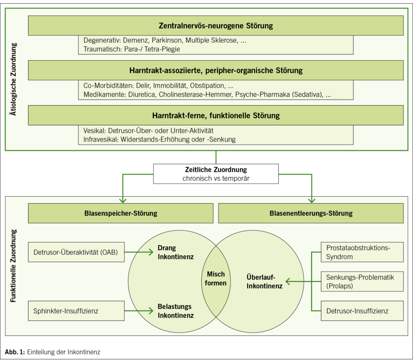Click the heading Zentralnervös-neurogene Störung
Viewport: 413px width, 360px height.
(x=216, y=26)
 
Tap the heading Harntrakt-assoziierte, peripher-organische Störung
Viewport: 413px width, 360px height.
(x=216, y=71)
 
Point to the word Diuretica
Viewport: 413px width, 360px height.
(x=144, y=95)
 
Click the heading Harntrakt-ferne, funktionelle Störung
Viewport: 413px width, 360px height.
(x=216, y=116)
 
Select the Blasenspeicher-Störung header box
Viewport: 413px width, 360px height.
(x=121, y=213)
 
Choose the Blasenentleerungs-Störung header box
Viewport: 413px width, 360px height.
(x=311, y=213)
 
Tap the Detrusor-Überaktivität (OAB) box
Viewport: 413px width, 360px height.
(x=76, y=252)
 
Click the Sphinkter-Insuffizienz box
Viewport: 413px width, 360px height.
(x=76, y=311)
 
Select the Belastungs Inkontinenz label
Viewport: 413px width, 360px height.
(x=176, y=311)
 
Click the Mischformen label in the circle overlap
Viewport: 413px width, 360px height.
(x=216, y=279)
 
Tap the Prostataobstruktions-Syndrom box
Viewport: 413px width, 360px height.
(x=362, y=252)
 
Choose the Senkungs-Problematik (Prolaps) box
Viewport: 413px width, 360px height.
(x=362, y=281)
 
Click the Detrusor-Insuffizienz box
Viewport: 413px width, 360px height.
(x=362, y=311)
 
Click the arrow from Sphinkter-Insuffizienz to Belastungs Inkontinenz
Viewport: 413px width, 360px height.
(x=139, y=311)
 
